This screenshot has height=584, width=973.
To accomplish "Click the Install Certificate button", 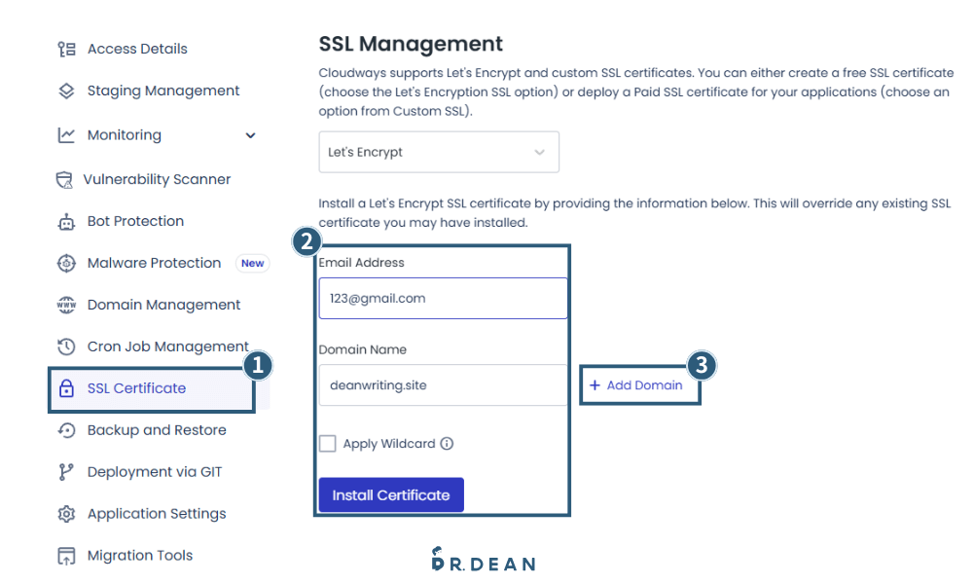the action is [x=391, y=494].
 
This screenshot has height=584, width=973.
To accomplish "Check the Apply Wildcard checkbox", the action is [x=328, y=444].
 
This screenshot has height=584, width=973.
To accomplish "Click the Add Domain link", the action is [x=635, y=385].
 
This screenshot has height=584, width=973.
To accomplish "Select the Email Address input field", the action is [x=443, y=299].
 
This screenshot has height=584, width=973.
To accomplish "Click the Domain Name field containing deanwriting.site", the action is [x=443, y=385].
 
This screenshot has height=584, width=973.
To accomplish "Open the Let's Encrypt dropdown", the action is [x=439, y=152].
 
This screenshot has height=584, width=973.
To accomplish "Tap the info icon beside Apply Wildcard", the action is [x=447, y=444].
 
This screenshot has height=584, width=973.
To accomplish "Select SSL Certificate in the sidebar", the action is [x=136, y=388].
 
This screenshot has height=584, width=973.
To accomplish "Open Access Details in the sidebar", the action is [x=137, y=49].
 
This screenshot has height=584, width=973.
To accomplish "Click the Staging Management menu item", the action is [x=163, y=91].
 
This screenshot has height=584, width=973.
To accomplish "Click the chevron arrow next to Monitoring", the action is [x=251, y=135].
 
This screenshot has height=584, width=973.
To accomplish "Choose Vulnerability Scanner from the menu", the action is [x=157, y=179].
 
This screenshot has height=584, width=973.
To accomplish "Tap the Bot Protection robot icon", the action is [x=66, y=222].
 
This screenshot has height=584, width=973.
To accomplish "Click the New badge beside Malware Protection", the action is [x=253, y=263].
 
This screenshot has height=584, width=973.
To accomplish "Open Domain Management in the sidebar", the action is [x=163, y=305].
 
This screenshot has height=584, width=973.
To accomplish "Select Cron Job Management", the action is [x=167, y=347].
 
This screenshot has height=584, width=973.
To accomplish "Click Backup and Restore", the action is [x=157, y=430].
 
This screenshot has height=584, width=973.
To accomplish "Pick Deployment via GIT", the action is [x=155, y=472].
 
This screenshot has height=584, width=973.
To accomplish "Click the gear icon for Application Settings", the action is [x=66, y=514].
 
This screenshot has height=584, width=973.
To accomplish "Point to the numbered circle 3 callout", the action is [x=702, y=365].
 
